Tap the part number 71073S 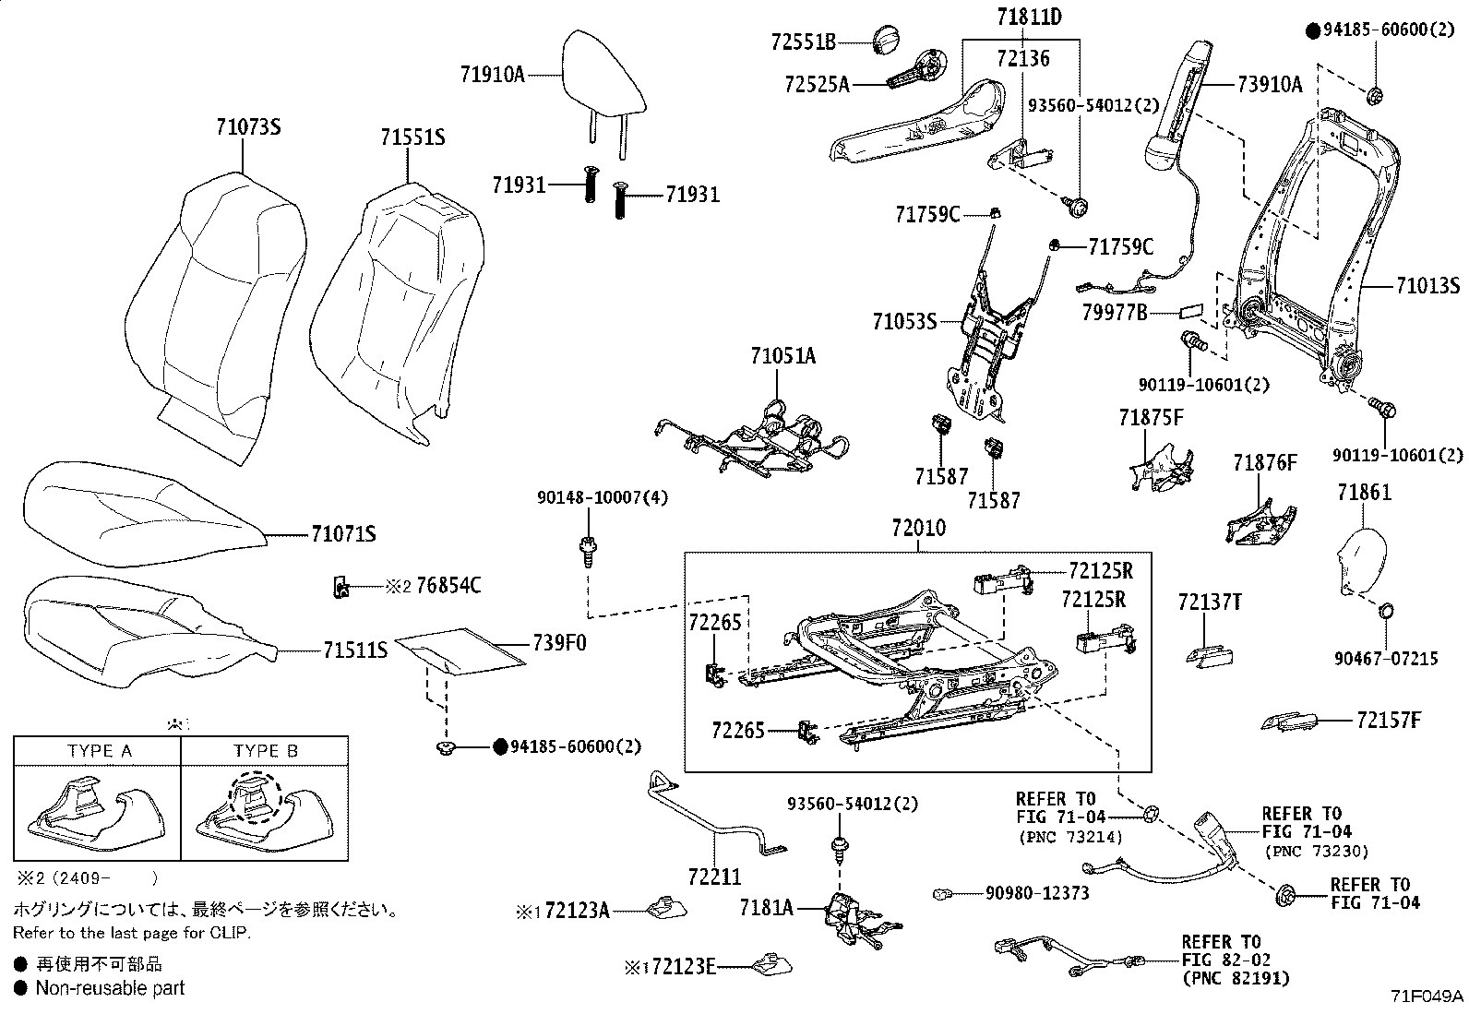pyautogui.click(x=248, y=126)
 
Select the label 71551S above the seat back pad pyautogui.click(x=413, y=137)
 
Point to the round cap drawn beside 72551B pyautogui.click(x=886, y=41)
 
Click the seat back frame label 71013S pyautogui.click(x=1428, y=286)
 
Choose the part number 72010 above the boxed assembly pyautogui.click(x=919, y=528)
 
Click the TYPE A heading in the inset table pyautogui.click(x=100, y=751)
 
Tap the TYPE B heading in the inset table pyautogui.click(x=266, y=751)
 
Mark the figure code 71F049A pyautogui.click(x=1427, y=996)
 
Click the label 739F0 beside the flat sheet pyautogui.click(x=559, y=643)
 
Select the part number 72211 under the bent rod pyautogui.click(x=715, y=877)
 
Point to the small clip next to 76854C pyautogui.click(x=341, y=586)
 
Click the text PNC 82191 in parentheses pyautogui.click(x=1236, y=979)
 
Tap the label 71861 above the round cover pyautogui.click(x=1365, y=492)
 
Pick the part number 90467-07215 pyautogui.click(x=1386, y=659)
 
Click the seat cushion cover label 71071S pyautogui.click(x=343, y=534)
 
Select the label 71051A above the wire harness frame pyautogui.click(x=783, y=356)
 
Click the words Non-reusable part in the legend pyautogui.click(x=110, y=988)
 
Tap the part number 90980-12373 pyautogui.click(x=1037, y=892)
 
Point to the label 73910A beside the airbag pyautogui.click(x=1271, y=84)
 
